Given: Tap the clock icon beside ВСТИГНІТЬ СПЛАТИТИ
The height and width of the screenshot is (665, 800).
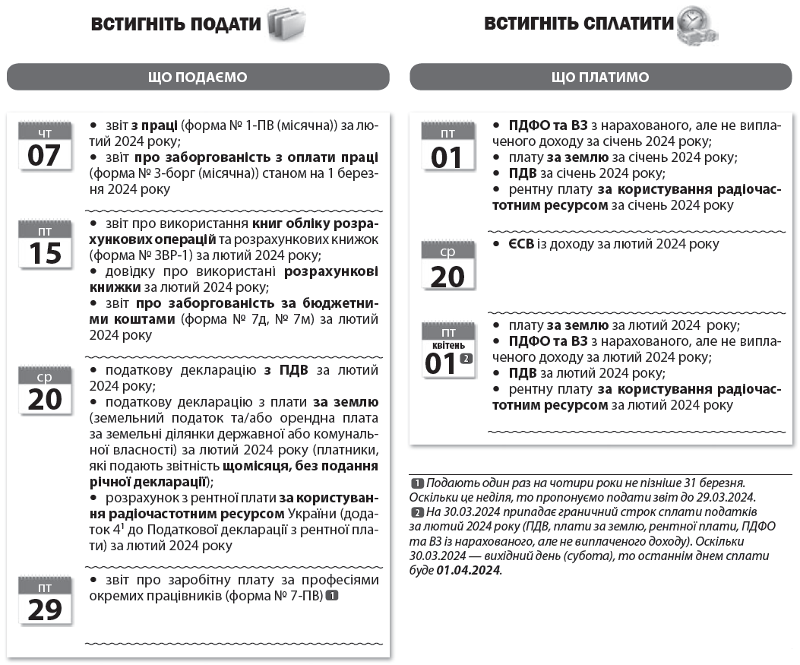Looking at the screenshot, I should click(x=697, y=25).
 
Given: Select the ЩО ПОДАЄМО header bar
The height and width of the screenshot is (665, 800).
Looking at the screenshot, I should click(x=198, y=77).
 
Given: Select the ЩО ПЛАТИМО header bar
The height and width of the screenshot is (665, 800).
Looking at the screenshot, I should click(x=600, y=77).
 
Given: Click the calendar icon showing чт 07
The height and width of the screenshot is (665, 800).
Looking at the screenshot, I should click(x=45, y=146).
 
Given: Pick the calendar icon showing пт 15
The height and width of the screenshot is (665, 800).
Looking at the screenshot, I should click(x=45, y=244).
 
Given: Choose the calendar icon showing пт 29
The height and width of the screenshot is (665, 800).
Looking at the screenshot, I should click(x=45, y=600).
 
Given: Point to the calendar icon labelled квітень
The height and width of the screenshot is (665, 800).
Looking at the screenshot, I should click(x=448, y=351).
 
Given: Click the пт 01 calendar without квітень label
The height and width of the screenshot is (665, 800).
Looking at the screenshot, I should click(x=448, y=147).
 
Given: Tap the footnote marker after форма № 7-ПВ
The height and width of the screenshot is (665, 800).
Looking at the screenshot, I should click(x=331, y=597).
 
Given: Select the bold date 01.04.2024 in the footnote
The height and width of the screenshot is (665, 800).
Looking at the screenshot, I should click(x=469, y=570).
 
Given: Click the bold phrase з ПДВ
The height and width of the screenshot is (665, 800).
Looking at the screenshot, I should click(x=280, y=370).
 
